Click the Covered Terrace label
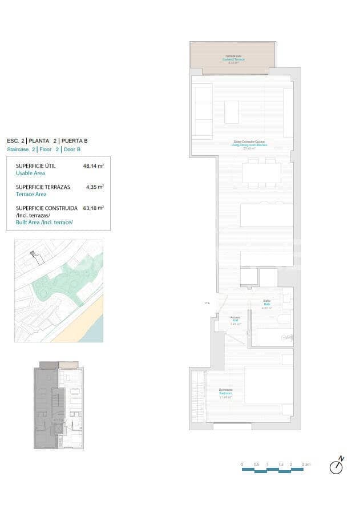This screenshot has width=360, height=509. point(232,59)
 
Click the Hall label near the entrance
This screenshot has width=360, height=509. point(235,320)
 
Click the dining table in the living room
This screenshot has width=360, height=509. point(261,173)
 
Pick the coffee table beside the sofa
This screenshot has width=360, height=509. point(231,112)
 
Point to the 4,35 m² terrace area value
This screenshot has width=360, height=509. point(94,187)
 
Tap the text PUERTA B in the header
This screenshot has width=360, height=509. point(74,140)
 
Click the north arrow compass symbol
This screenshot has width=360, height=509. point(337,466)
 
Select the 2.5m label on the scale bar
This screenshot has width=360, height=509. point(306,464)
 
